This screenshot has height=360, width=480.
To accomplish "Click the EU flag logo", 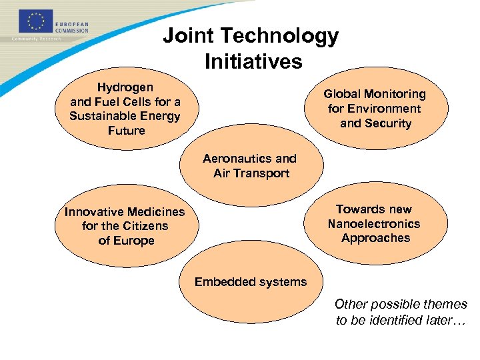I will [x=33, y=21].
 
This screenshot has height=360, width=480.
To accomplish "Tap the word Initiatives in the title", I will [x=253, y=61].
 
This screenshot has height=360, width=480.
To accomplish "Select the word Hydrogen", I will [x=125, y=87].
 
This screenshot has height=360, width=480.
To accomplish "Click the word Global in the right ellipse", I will [x=341, y=94].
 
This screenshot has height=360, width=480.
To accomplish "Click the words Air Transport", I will [x=251, y=173].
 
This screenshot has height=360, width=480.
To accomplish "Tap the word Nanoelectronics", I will [x=374, y=224].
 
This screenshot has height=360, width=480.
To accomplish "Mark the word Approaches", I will [x=375, y=238].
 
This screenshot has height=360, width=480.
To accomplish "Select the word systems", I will [x=282, y=282].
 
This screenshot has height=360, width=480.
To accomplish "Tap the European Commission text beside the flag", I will [x=72, y=27].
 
